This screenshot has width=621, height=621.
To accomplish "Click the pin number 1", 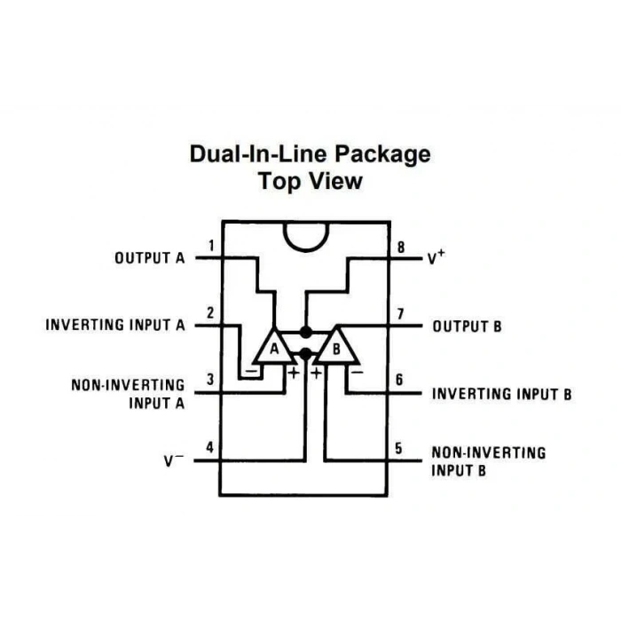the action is pyautogui.click(x=212, y=246).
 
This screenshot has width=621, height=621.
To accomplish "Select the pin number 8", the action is pyautogui.click(x=401, y=248).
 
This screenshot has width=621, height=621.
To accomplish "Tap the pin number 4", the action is pyautogui.click(x=210, y=447).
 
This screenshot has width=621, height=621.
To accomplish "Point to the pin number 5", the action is pyautogui.click(x=399, y=448).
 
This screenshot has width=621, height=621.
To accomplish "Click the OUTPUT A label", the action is pyautogui.click(x=150, y=258).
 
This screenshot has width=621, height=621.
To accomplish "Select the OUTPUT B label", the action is pyautogui.click(x=468, y=326).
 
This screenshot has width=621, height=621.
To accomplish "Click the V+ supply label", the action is pyautogui.click(x=436, y=257).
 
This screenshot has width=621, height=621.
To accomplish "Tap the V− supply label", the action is pyautogui.click(x=174, y=460).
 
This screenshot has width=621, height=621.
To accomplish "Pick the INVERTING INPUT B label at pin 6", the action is pyautogui.click(x=502, y=394).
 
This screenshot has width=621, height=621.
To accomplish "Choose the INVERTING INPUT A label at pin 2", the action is pyautogui.click(x=115, y=326).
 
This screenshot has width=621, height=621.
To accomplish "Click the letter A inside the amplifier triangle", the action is pyautogui.click(x=274, y=350).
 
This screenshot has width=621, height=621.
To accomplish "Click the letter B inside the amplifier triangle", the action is pyautogui.click(x=336, y=350).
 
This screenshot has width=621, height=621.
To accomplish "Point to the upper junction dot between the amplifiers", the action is pyautogui.click(x=306, y=333).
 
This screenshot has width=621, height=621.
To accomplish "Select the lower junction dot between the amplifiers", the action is pyautogui.click(x=306, y=354).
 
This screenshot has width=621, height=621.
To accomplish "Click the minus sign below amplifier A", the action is pyautogui.click(x=252, y=372).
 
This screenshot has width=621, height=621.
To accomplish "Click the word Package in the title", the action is pyautogui.click(x=383, y=154).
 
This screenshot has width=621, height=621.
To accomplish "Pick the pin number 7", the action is pyautogui.click(x=400, y=314).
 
